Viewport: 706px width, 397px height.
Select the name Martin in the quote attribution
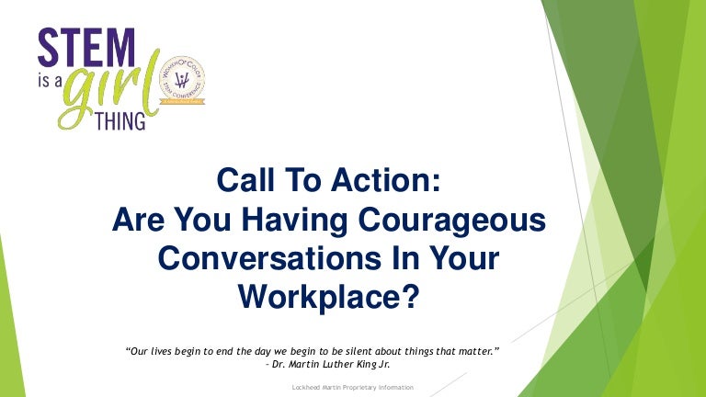click(309, 364)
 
